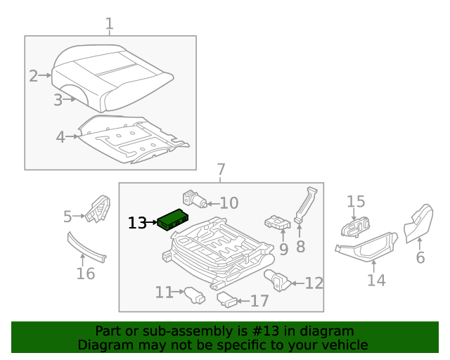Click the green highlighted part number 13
(x=172, y=220)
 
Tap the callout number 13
(x=137, y=223)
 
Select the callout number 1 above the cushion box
(x=109, y=25)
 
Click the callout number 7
(x=221, y=169)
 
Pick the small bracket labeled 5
(x=97, y=209)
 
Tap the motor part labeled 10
(x=193, y=199)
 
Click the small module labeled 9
(x=278, y=224)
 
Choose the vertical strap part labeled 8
(x=304, y=205)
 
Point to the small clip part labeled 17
(x=228, y=300)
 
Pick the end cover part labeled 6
(x=419, y=221)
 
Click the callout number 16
(x=85, y=274)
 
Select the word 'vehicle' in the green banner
(x=342, y=345)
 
